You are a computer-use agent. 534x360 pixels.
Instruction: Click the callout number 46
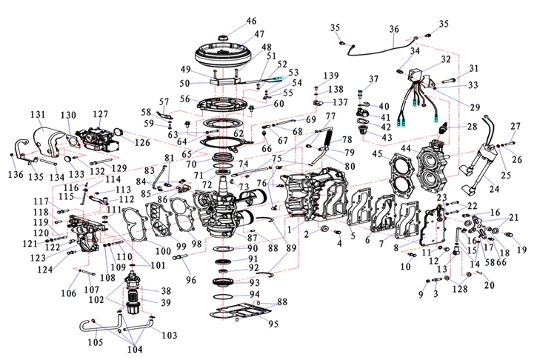[252, 21]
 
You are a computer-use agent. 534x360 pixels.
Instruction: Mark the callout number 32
[446, 59]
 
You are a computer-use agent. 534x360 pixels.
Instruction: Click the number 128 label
[461, 287]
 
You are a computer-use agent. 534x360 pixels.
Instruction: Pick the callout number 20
[488, 285]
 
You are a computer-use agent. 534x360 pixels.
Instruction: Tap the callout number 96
[190, 280]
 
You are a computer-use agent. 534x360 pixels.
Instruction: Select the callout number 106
[68, 293]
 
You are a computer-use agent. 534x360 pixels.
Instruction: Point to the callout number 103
[170, 336]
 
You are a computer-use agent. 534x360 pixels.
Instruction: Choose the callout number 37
[374, 79]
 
